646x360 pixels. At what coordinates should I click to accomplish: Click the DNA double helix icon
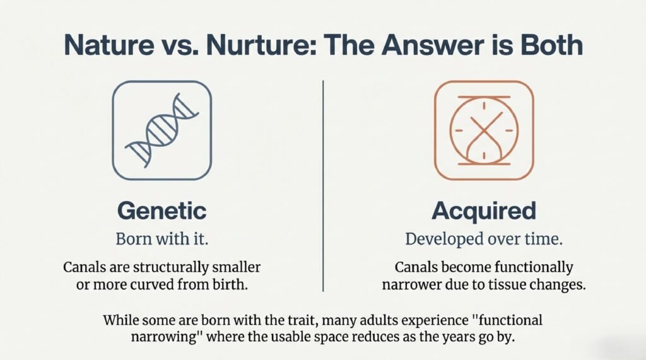click(x=161, y=131)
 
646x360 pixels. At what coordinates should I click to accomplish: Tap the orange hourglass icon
click(x=484, y=131)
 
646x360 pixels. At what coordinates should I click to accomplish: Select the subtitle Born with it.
click(x=161, y=240)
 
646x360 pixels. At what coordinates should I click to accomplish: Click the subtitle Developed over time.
click(x=484, y=240)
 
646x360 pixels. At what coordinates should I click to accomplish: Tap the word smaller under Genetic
click(x=238, y=267)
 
